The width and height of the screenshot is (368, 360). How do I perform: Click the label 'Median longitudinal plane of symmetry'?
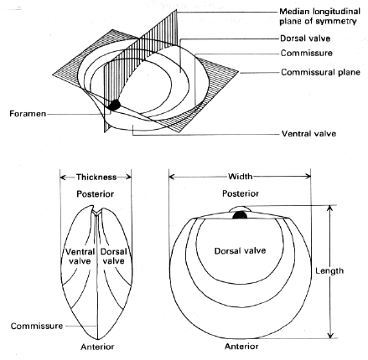319,17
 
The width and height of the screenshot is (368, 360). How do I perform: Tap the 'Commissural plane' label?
320,72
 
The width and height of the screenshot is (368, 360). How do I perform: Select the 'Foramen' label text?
28,114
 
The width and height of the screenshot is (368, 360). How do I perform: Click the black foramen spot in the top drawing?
114,105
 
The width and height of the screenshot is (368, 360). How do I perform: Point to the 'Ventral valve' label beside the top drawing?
308,134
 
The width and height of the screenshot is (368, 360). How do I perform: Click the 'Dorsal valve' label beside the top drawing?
305,39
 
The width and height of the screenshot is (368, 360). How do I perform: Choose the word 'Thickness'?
96,177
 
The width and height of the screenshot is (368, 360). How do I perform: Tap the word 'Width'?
240,177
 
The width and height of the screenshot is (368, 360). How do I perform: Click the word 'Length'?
329,270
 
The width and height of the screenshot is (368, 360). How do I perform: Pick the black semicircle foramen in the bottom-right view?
240,215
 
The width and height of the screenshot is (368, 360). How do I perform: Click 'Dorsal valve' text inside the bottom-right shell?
240,250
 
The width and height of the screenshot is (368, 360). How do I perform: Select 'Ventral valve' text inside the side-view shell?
80,256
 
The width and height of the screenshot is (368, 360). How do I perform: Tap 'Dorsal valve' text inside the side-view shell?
113,256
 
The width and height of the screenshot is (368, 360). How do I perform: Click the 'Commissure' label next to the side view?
37,326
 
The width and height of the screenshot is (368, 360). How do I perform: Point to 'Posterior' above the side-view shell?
96,194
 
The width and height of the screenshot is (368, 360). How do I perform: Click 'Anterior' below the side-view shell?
97,347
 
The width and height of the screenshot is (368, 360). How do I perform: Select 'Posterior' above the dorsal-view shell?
241,193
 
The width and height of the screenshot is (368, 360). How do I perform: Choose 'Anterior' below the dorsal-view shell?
241,347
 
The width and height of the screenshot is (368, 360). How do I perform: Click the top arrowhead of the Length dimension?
330,208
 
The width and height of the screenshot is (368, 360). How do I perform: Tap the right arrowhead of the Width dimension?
308,176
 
